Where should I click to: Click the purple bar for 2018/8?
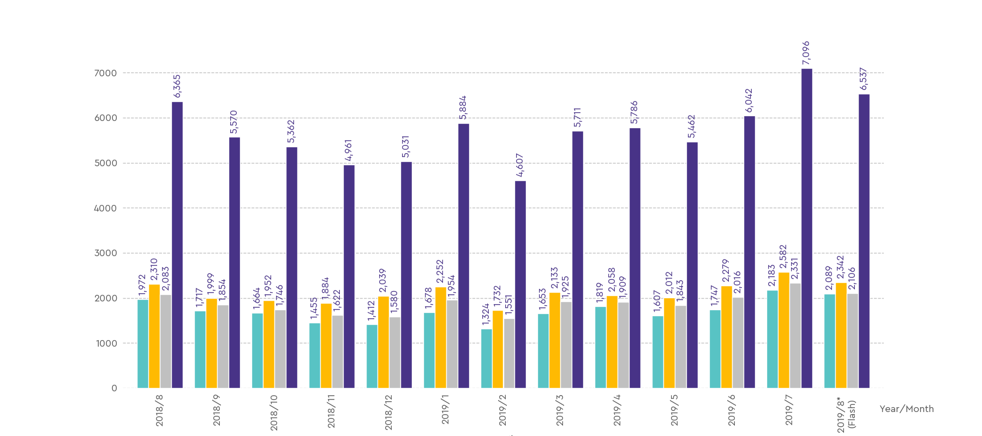point(177,245)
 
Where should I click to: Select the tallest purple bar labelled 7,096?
point(806,229)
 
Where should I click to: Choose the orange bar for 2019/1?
point(440,338)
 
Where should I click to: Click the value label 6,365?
point(177,87)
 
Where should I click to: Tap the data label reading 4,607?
point(520,165)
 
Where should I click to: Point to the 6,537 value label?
point(864,79)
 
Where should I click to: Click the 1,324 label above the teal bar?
point(486,314)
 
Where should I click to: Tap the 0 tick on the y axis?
point(114,389)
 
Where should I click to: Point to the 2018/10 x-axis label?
point(274,413)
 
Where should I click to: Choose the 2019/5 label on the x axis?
point(674,410)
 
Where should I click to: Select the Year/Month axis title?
point(906,409)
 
